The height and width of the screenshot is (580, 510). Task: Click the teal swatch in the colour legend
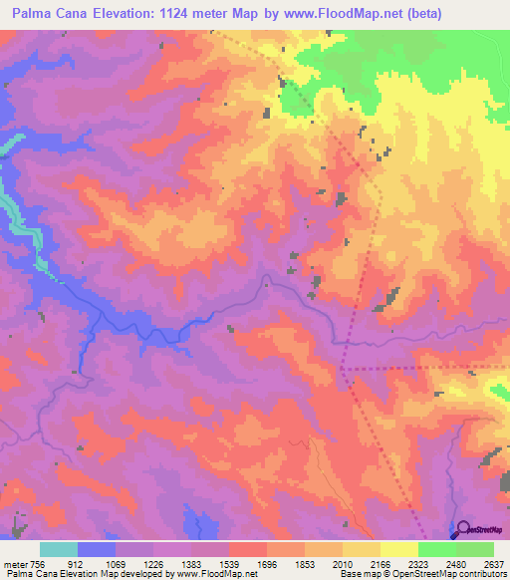point(59,550)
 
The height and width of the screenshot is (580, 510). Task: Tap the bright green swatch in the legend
point(437,550)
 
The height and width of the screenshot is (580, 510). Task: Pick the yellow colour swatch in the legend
point(399,550)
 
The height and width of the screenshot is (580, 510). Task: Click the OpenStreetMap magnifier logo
point(463,529)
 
